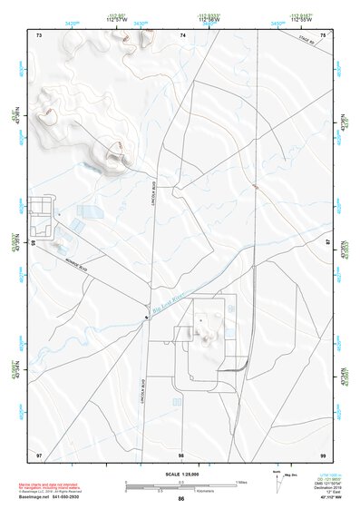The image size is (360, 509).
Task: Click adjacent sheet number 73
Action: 39,34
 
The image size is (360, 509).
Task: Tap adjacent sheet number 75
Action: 323,34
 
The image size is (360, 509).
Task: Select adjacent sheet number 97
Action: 39,454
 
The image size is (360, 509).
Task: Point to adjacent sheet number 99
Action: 323,454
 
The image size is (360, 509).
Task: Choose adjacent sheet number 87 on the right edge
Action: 328,243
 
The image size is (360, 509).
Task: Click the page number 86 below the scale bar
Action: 181,499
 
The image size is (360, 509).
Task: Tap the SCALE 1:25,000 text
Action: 180,473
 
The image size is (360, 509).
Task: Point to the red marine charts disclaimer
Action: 46,485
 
